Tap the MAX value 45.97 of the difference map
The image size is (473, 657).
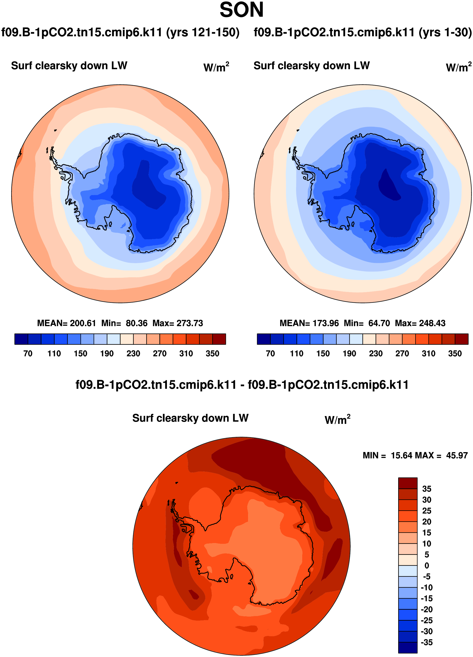pos(457,455)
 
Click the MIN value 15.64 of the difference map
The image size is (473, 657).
pos(402,455)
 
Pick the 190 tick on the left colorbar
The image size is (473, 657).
pos(107,353)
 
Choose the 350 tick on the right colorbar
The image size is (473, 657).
pos(455,353)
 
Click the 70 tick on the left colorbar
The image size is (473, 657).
pos(28,353)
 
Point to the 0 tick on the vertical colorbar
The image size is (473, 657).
pos(427,566)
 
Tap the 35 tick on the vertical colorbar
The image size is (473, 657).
pos(427,489)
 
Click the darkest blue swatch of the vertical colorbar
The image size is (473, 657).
pos(408,647)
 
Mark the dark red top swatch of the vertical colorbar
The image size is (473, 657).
pos(408,483)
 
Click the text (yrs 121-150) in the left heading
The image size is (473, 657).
pos(203,32)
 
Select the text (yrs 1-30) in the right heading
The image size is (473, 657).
pos(445,32)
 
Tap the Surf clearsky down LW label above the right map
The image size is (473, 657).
pos(311,66)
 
